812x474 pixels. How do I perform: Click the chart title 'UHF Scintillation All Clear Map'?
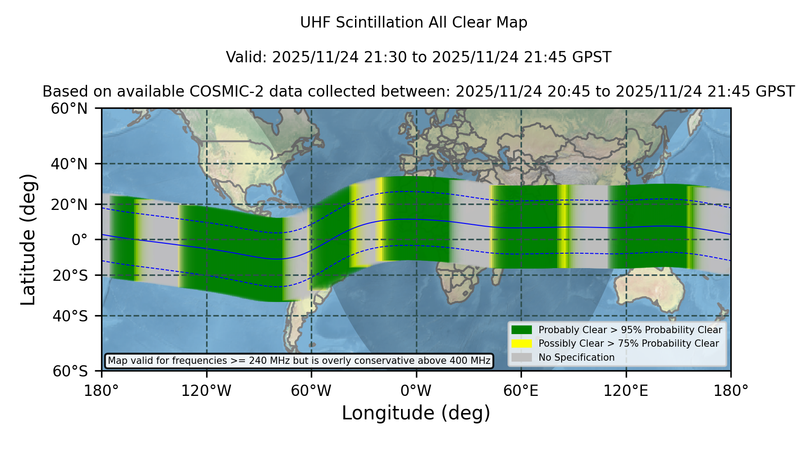click(414, 23)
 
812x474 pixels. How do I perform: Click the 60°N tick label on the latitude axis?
click(69, 108)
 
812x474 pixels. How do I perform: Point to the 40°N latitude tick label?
click(69, 164)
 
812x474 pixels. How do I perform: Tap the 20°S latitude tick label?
click(70, 275)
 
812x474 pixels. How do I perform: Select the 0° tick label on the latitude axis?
click(79, 240)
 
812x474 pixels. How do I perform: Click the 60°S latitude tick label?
click(70, 371)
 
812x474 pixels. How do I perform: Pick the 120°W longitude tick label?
click(206, 391)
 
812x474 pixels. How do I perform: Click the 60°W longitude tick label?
click(311, 391)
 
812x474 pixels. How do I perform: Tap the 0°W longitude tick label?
click(416, 391)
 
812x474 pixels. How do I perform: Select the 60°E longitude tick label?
click(521, 391)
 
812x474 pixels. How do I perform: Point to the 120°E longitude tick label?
click(626, 391)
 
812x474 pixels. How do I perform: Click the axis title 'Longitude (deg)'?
click(416, 413)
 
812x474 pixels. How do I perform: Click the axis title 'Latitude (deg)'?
click(28, 239)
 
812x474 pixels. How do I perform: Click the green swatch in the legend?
click(522, 330)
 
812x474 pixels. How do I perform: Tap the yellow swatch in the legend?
click(522, 344)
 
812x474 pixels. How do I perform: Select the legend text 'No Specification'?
click(577, 358)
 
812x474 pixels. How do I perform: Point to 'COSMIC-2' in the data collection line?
click(220, 92)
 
